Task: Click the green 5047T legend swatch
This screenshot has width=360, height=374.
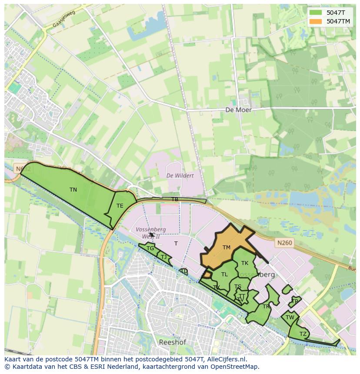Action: click(x=316, y=12)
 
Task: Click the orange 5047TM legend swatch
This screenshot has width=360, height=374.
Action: click(x=316, y=21)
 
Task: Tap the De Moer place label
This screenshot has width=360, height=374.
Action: click(x=238, y=110)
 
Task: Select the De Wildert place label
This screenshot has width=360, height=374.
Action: click(x=180, y=175)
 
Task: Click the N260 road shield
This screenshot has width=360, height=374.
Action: click(x=283, y=243)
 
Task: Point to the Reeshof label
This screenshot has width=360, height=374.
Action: click(x=172, y=342)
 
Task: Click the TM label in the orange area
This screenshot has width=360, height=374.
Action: click(x=226, y=248)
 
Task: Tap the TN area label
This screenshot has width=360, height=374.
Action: click(x=73, y=190)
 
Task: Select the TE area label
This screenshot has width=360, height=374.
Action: click(x=120, y=206)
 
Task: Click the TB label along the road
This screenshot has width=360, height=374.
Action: click(x=175, y=199)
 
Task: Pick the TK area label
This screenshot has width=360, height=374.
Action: click(x=245, y=263)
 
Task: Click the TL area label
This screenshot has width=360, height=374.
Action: click(x=224, y=275)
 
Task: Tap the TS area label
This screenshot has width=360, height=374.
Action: click(x=237, y=287)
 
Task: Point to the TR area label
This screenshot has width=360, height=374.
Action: click(x=266, y=307)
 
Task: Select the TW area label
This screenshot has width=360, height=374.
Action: click(x=290, y=318)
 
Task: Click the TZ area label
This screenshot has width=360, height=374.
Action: click(x=303, y=334)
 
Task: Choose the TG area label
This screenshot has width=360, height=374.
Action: click(x=150, y=248)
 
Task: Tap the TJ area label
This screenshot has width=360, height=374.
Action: click(x=163, y=257)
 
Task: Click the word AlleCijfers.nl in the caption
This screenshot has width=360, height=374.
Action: click(x=225, y=359)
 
